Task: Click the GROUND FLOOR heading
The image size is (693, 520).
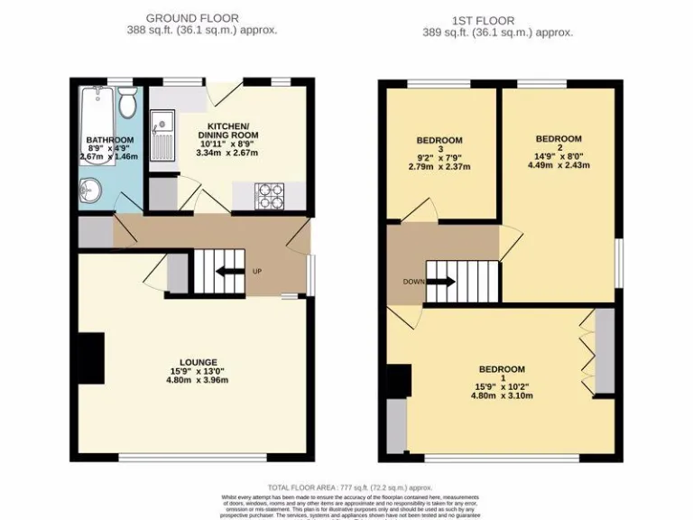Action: [192, 17]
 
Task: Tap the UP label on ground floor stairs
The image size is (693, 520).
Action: [257, 271]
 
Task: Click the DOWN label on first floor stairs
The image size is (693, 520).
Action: [414, 282]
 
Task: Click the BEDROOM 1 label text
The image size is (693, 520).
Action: [502, 369]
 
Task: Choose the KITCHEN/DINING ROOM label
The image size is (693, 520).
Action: [228, 130]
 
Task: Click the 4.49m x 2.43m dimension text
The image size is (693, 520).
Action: [558, 165]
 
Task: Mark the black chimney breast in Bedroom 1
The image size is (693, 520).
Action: [398, 380]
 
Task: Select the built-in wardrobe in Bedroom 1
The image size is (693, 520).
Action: [604, 351]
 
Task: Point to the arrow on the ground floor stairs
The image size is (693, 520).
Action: [229, 271]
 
